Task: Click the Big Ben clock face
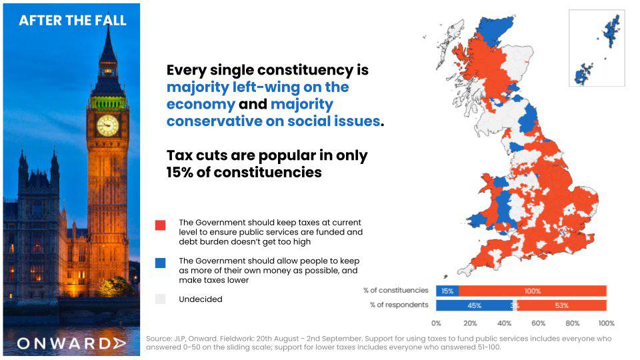pyautogui.click(x=108, y=125)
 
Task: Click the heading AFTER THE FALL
pyautogui.click(x=73, y=21)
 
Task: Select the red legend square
pyautogui.click(x=161, y=225)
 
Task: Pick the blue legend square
pyautogui.click(x=161, y=263)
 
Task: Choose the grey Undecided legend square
pyautogui.click(x=161, y=299)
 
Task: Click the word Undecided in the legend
pyautogui.click(x=201, y=299)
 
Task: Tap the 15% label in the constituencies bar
pyautogui.click(x=447, y=291)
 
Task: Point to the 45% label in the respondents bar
pyautogui.click(x=474, y=305)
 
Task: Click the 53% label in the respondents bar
pyautogui.click(x=561, y=305)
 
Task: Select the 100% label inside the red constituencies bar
pyautogui.click(x=533, y=291)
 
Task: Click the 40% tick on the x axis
pyautogui.click(x=504, y=323)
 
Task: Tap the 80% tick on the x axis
pyautogui.click(x=572, y=323)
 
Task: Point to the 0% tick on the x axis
pyautogui.click(x=436, y=323)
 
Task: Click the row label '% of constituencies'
pyautogui.click(x=396, y=290)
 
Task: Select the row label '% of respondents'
pyautogui.click(x=399, y=305)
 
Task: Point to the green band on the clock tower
pyautogui.click(x=108, y=103)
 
